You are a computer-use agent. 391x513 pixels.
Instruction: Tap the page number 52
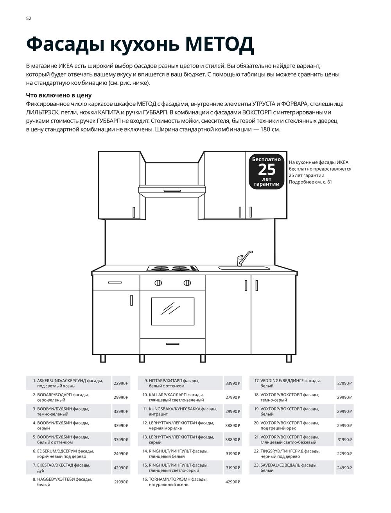(29, 18)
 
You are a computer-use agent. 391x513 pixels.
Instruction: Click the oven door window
(172, 311)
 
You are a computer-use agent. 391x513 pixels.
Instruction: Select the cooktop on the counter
(172, 268)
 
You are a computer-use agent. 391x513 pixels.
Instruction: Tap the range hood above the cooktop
(172, 190)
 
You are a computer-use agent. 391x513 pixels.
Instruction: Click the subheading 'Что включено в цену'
(59, 95)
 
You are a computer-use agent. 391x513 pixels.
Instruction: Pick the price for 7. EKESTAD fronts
(121, 468)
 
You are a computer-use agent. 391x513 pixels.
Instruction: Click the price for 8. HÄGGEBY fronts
(121, 482)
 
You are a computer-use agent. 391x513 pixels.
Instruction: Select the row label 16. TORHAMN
(178, 482)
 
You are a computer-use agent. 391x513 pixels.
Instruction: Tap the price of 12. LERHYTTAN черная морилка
(233, 426)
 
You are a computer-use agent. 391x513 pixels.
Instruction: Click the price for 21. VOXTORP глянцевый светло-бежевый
(344, 440)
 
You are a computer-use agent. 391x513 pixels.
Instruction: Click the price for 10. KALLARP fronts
(233, 397)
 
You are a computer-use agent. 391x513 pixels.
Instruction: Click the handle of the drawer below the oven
(172, 344)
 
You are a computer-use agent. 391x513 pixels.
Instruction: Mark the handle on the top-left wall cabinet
(134, 212)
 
